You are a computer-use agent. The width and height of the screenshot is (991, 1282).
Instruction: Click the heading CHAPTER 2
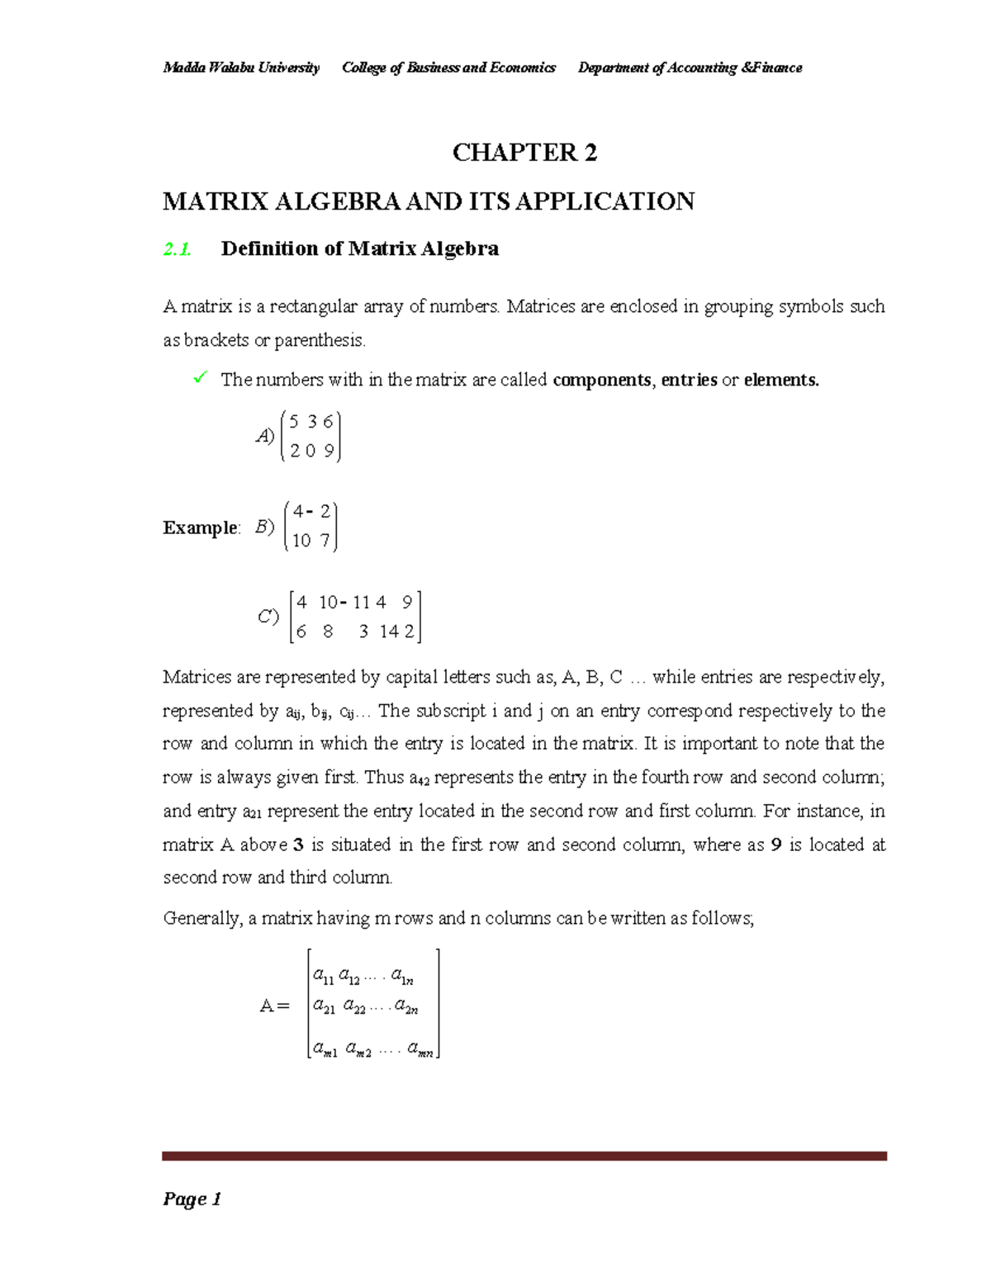click(x=524, y=153)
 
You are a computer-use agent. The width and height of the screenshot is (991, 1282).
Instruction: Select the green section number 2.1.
click(x=177, y=249)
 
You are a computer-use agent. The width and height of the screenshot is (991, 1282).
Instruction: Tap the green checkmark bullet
click(x=199, y=378)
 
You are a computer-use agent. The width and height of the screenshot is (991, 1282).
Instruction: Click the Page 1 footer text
click(x=192, y=1199)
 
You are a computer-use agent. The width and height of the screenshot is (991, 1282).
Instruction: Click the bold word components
click(x=602, y=380)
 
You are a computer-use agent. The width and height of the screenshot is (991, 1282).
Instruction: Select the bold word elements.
click(x=781, y=380)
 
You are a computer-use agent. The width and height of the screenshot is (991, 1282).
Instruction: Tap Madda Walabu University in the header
click(x=241, y=68)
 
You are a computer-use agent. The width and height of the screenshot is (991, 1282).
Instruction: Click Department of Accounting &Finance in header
click(x=690, y=68)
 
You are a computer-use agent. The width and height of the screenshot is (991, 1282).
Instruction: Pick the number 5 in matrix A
click(x=295, y=422)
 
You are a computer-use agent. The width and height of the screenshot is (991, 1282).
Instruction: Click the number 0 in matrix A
click(x=310, y=451)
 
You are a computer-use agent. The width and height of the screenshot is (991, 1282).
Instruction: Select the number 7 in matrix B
click(x=325, y=541)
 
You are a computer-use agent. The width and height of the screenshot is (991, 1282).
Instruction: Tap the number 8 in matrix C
click(x=328, y=632)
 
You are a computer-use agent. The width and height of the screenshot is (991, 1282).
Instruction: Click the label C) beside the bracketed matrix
click(x=268, y=617)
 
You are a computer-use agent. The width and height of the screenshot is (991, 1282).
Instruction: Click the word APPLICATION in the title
click(x=605, y=201)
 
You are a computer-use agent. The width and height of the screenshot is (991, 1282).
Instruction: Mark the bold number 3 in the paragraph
click(x=299, y=844)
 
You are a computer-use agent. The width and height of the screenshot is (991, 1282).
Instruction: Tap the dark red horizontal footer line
click(x=524, y=1157)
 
